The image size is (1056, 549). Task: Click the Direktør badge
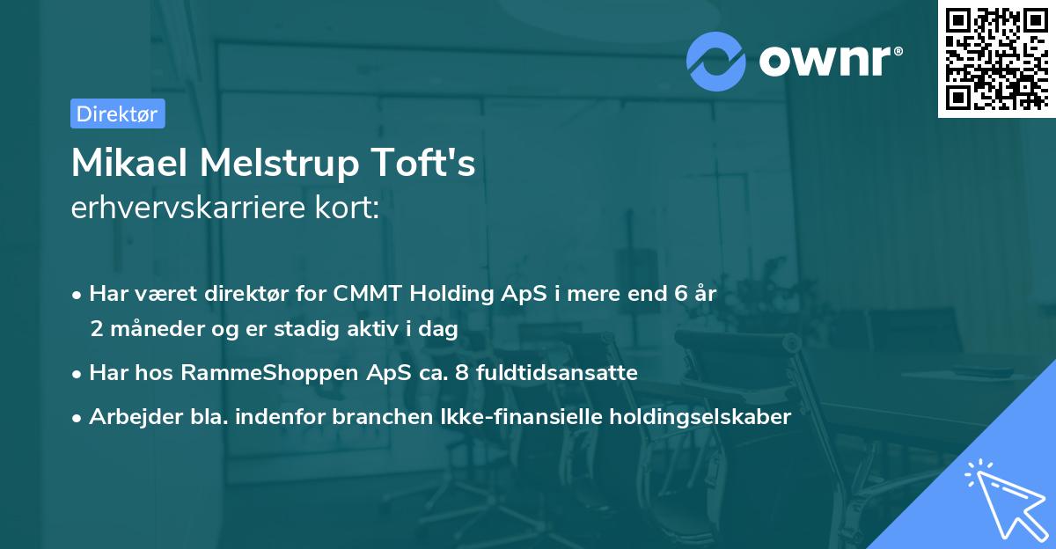click(117, 113)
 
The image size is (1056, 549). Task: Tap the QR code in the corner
click(995, 58)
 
